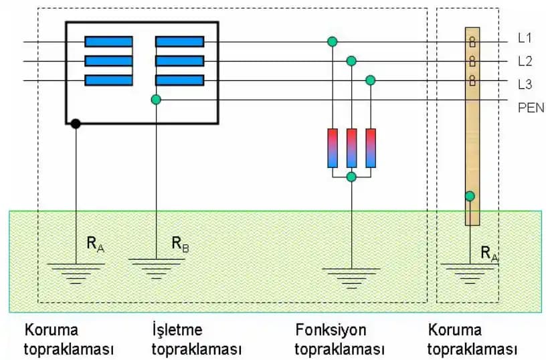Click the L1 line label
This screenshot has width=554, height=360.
point(525,39)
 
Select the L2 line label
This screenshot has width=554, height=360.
point(525,61)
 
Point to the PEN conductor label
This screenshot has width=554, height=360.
point(531,106)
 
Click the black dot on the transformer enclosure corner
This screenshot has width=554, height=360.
point(76,124)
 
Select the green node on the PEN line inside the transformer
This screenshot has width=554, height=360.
point(156,100)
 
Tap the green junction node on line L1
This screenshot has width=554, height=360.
point(332,42)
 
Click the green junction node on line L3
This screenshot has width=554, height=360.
point(371,80)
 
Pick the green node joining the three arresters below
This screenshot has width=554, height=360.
point(351,177)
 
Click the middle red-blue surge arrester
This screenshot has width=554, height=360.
point(351,148)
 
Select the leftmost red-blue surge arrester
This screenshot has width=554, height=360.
point(333,148)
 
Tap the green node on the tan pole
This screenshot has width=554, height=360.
point(470,196)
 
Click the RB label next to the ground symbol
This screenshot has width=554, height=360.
point(180,244)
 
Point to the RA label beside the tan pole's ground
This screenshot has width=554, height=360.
point(489,253)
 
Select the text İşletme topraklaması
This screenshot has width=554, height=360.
point(196,340)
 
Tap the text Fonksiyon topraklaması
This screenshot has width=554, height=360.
point(339,340)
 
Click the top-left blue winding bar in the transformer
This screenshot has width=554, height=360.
point(108,41)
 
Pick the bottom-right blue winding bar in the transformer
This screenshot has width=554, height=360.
point(179,80)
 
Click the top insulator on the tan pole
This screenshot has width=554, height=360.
point(472,42)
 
